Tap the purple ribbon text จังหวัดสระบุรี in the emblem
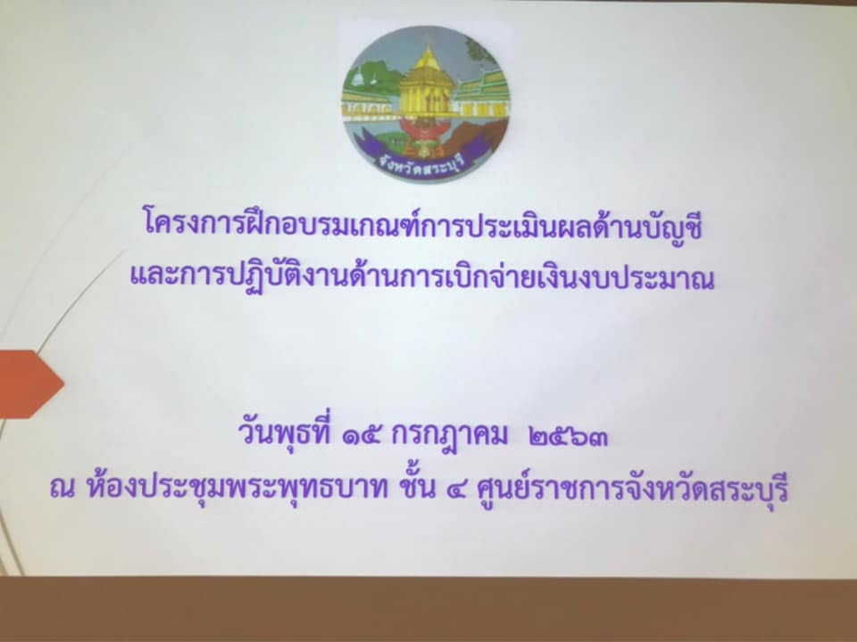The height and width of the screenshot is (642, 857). coord(420,163)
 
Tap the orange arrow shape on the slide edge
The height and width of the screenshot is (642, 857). coord(30,384)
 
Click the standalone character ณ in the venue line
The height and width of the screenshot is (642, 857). coord(62,489)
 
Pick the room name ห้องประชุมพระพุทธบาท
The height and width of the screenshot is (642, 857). coord(236,486)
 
